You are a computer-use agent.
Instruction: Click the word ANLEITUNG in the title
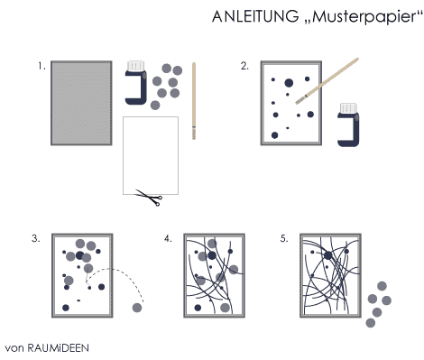(x=255, y=16)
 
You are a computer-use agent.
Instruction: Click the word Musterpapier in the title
(x=364, y=17)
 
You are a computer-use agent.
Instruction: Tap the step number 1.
(x=41, y=66)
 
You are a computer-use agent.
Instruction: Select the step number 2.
(x=244, y=66)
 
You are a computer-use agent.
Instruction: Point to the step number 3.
(x=35, y=238)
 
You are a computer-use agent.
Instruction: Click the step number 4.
(x=168, y=238)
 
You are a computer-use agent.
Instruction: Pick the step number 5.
(x=284, y=238)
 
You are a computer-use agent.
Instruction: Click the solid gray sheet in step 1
(x=81, y=103)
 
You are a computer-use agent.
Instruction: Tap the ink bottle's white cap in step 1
(x=136, y=66)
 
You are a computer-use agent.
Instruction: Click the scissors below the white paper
(x=149, y=198)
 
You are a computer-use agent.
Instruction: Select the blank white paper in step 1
(x=151, y=155)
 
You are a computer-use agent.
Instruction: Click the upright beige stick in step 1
(x=194, y=101)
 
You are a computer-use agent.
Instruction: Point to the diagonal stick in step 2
(x=327, y=81)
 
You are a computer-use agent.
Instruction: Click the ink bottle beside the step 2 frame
(x=348, y=125)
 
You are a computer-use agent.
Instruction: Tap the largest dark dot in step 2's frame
(x=289, y=83)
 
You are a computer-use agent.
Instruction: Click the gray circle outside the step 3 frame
(x=137, y=308)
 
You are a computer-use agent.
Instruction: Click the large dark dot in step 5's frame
(x=328, y=255)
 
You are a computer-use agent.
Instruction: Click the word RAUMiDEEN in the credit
(x=59, y=348)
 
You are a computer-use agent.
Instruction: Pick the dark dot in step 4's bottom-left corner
(x=198, y=308)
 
